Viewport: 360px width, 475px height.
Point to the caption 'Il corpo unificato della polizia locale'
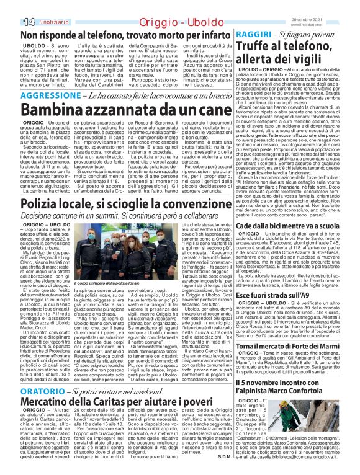94,283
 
